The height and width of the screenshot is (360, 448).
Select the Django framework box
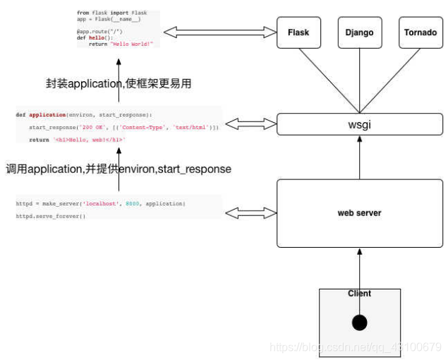click(x=359, y=32)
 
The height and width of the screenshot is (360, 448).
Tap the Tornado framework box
click(x=420, y=32)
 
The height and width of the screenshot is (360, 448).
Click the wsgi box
click(x=360, y=124)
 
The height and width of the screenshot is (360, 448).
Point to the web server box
click(x=359, y=212)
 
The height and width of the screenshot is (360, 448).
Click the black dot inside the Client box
click(x=359, y=323)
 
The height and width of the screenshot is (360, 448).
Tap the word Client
click(x=359, y=294)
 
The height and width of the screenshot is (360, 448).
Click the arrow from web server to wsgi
click(x=359, y=157)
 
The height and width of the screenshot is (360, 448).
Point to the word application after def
click(x=47, y=114)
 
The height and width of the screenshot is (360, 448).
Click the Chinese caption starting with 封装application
click(x=119, y=83)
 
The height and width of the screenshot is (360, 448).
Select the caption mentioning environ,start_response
click(x=119, y=169)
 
